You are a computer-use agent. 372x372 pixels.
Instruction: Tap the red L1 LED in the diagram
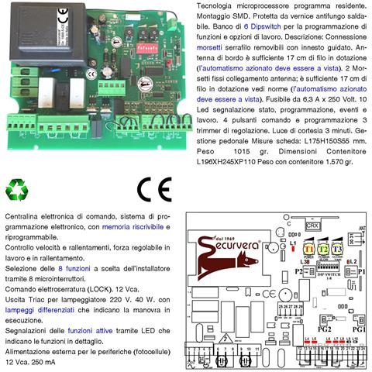click(x=293, y=243)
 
